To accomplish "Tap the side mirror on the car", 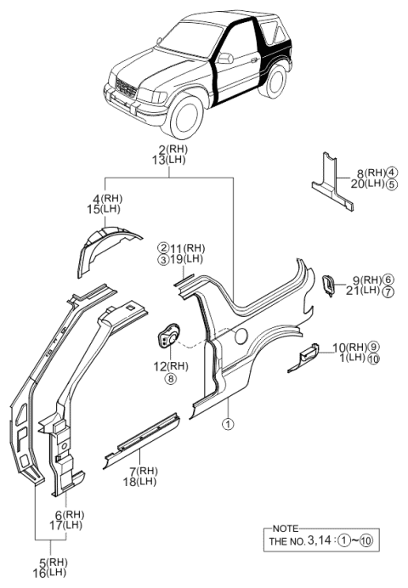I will point(226,59).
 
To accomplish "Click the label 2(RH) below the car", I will point(170,150).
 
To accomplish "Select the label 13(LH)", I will point(170,161).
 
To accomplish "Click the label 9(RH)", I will point(365,280).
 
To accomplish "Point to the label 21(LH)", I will point(365,291).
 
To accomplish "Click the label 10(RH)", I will point(348,347).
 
